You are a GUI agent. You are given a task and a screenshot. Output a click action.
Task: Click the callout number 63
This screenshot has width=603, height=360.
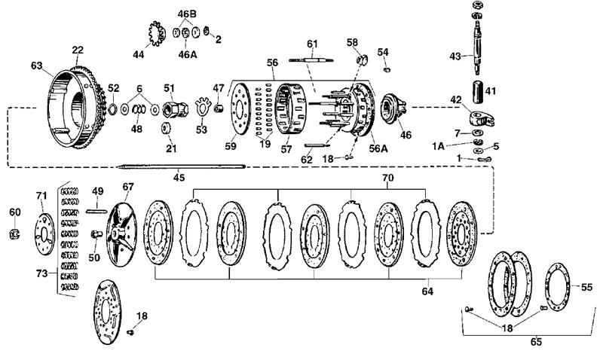[37, 66]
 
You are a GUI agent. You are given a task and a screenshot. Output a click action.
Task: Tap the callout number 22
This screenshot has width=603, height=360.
[78, 50]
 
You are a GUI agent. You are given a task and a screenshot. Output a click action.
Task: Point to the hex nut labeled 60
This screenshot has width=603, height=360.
[15, 233]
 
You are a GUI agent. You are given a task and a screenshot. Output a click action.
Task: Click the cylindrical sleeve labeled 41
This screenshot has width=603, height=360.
[478, 91]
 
